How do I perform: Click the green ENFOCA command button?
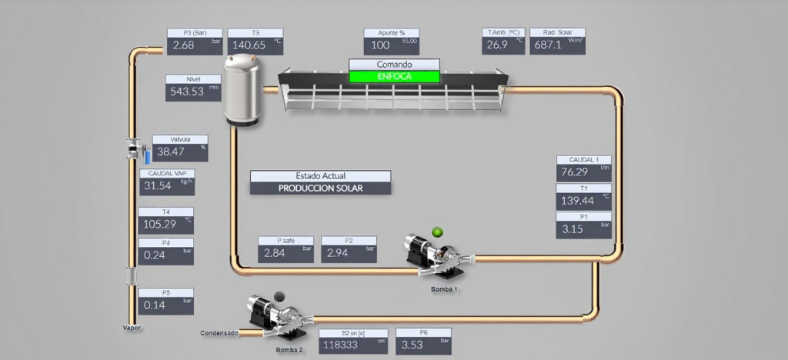point(395,76)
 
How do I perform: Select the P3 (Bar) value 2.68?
point(184,45)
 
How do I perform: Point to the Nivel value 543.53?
point(185,92)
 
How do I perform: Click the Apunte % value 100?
point(381,45)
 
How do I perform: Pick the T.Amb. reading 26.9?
point(497,45)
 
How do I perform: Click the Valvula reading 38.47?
point(171,152)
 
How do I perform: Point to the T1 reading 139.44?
point(578,200)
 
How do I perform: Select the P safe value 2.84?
point(275,252)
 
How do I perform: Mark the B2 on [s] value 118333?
point(342,345)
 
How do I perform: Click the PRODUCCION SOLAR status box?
point(320,188)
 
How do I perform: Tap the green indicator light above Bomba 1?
point(438,232)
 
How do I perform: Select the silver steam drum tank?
point(244,89)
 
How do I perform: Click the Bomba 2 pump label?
point(289,350)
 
